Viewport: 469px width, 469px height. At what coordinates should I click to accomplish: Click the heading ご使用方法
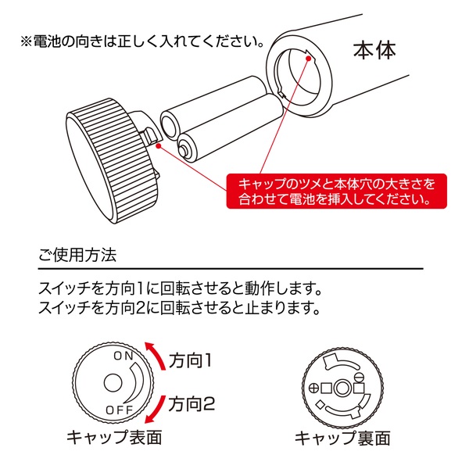pyautogui.click(x=77, y=256)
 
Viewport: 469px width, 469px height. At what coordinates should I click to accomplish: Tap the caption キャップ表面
pyautogui.click(x=114, y=438)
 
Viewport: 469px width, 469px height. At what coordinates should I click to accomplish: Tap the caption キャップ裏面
pyautogui.click(x=342, y=438)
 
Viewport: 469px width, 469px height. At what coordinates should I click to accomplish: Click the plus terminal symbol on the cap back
pyautogui.click(x=315, y=387)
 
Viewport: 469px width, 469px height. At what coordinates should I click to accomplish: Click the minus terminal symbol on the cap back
pyautogui.click(x=360, y=387)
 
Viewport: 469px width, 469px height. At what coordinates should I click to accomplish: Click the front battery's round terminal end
pyautogui.click(x=187, y=146)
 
